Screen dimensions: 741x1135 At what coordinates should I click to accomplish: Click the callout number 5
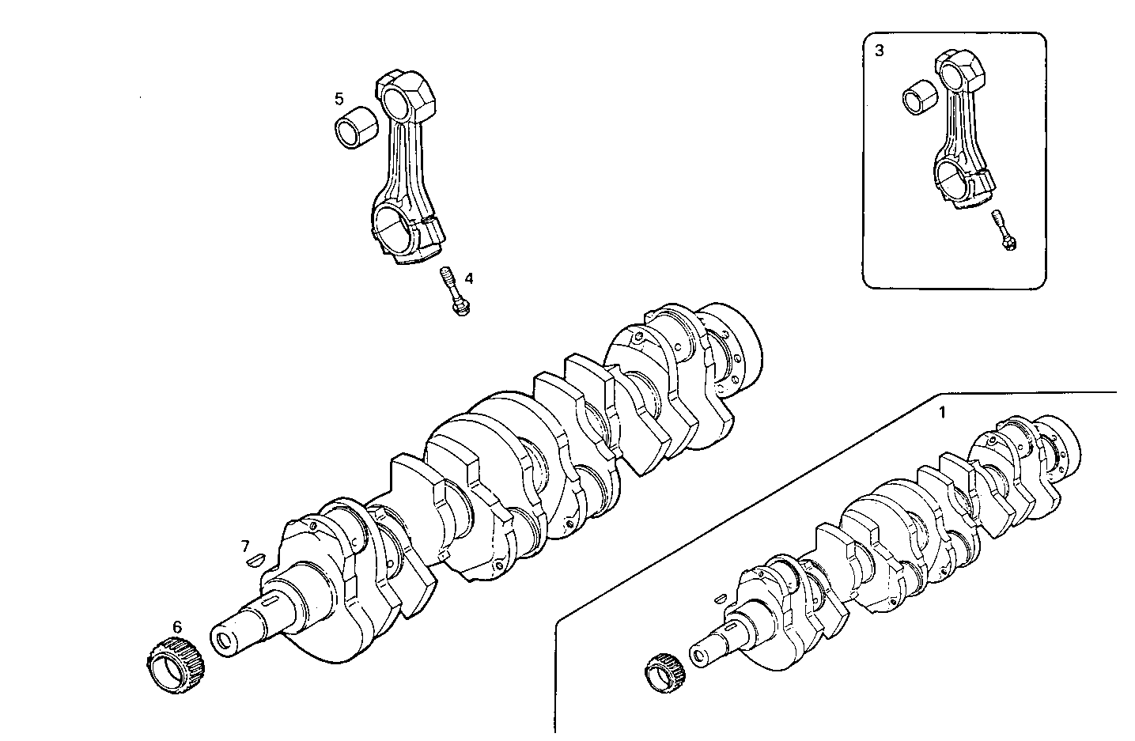coord(339,99)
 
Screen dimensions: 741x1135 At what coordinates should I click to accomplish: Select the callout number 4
coord(469,278)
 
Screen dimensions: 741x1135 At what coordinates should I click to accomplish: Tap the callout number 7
coord(245,546)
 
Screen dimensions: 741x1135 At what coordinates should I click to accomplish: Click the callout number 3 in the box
coord(880,51)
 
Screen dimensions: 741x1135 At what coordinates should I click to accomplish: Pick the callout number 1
coord(941,412)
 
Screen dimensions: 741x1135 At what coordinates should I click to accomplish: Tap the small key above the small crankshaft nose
coord(719,599)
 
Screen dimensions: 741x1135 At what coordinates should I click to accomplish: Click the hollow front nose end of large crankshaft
coord(225,638)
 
